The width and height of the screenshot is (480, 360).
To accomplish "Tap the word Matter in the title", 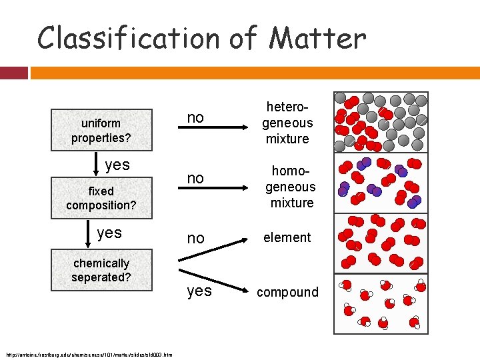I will pyautogui.click(x=317, y=38).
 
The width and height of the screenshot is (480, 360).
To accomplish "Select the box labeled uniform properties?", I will pyautogui.click(x=101, y=131).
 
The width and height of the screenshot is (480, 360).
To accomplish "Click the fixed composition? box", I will pyautogui.click(x=101, y=198).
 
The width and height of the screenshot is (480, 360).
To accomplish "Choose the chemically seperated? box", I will pyautogui.click(x=101, y=270).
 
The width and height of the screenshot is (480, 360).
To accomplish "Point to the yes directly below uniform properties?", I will pyautogui.click(x=117, y=165).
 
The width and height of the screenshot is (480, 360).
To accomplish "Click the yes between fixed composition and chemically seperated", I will pyautogui.click(x=109, y=233).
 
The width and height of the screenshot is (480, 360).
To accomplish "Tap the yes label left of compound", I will pyautogui.click(x=199, y=291).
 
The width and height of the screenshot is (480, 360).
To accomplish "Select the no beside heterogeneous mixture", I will pyautogui.click(x=195, y=118).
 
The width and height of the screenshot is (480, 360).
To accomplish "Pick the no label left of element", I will pyautogui.click(x=195, y=238).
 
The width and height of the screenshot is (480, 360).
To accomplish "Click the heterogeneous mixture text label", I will pyautogui.click(x=287, y=123).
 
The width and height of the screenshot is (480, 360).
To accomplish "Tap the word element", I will pyautogui.click(x=287, y=237).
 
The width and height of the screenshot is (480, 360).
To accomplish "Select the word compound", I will pyautogui.click(x=288, y=292).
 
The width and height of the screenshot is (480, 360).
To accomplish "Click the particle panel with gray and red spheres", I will pyautogui.click(x=381, y=121).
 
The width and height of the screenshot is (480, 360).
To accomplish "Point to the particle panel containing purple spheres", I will pyautogui.click(x=381, y=183).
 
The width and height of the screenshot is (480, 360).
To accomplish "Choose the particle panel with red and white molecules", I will pyautogui.click(x=381, y=303).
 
